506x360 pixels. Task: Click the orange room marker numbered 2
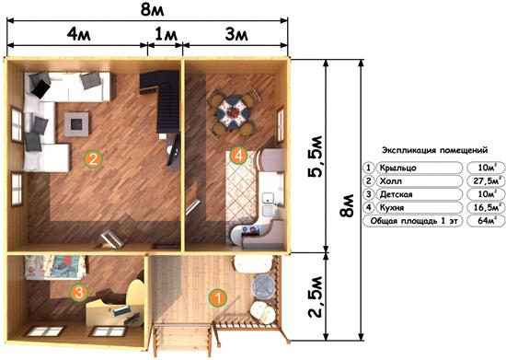93,159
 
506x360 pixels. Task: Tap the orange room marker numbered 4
238,156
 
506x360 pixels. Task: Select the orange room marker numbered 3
79,293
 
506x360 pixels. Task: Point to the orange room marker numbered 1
217,297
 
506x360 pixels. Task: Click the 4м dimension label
78,34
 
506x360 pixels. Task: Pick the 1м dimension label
167,34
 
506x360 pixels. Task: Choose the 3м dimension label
236,34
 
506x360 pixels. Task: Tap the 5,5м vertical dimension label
315,157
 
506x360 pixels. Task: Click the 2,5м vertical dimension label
315,296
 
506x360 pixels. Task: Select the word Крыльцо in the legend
397,168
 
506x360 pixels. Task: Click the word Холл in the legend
391,181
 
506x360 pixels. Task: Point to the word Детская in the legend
396,194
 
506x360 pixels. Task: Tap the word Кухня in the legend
392,207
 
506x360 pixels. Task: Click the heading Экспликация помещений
434,150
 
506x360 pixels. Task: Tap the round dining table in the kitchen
233,113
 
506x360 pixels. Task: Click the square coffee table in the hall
76,123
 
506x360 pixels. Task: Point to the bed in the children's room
55,267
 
